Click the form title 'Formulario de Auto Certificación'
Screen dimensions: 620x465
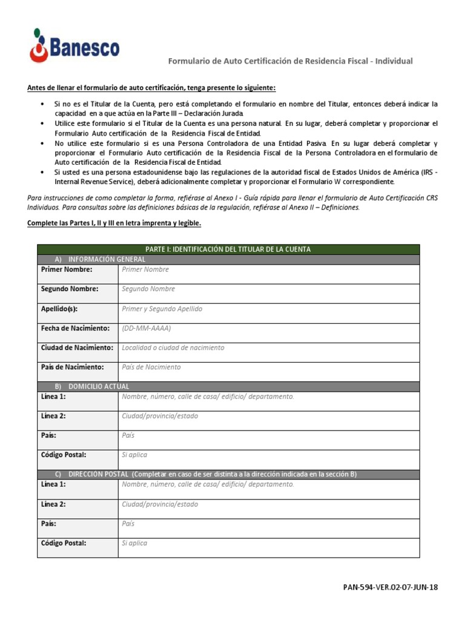(x=290, y=61)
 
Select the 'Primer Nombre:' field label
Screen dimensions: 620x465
(x=67, y=269)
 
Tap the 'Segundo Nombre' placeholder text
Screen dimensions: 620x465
(x=148, y=289)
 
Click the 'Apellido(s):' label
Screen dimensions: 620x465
(x=59, y=309)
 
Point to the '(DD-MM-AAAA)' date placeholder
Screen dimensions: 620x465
(x=147, y=328)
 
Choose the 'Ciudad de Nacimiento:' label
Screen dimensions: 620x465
(x=77, y=348)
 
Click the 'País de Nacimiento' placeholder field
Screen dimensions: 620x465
(x=151, y=368)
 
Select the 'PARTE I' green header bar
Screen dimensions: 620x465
(x=228, y=249)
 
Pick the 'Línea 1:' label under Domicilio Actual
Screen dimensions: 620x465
(x=53, y=397)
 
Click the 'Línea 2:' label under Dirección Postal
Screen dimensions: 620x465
(x=53, y=504)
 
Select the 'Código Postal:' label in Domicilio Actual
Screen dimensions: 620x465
(x=64, y=455)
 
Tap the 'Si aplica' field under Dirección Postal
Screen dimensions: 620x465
(x=134, y=543)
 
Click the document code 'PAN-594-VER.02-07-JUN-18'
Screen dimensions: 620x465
(x=389, y=587)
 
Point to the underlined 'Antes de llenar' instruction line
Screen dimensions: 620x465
(x=151, y=87)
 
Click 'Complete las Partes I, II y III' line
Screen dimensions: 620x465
(x=114, y=223)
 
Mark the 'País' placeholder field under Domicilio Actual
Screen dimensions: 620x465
(x=128, y=435)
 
